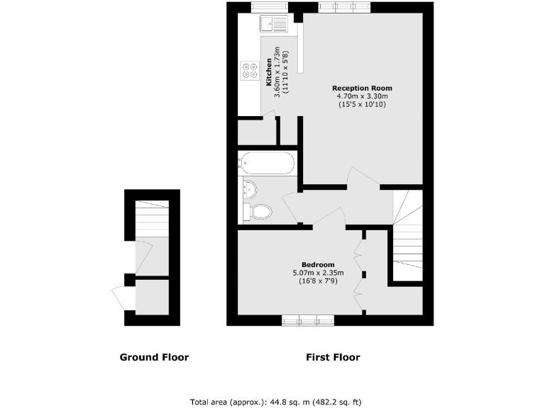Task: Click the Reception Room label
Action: click(363, 88)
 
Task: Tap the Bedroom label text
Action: click(318, 265)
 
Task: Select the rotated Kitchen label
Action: click(269, 72)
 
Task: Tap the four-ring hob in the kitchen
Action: click(249, 69)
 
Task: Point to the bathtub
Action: click(266, 164)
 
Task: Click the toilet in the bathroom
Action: click(259, 211)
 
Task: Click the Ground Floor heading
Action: click(154, 357)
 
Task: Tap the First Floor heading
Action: click(333, 357)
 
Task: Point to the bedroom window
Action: click(308, 321)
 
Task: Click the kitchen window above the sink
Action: click(266, 7)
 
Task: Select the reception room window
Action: click(344, 7)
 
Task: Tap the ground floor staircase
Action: click(152, 219)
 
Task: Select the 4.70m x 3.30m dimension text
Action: click(363, 96)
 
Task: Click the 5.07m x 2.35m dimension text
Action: click(318, 273)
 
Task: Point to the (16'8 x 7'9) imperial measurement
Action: click(318, 282)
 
